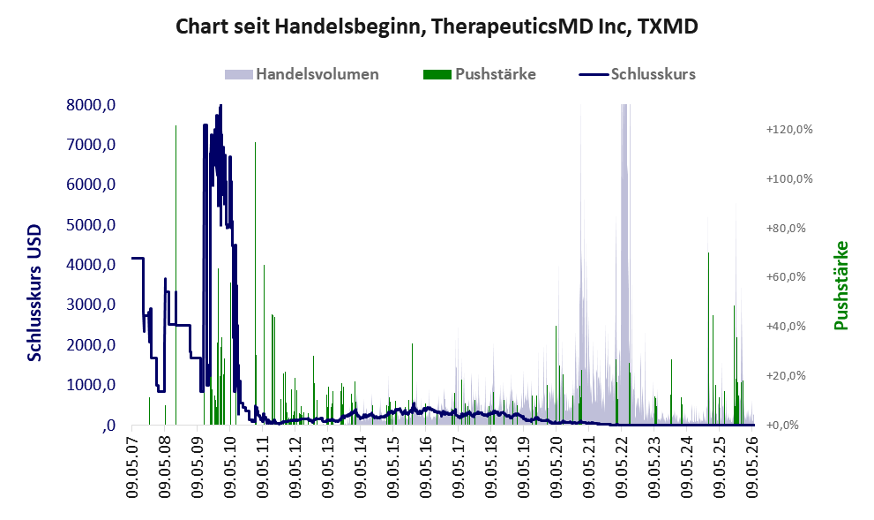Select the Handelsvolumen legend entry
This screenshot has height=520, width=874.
click(302, 74)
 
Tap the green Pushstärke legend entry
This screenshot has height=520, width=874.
click(480, 74)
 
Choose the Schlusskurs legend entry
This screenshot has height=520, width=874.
click(637, 74)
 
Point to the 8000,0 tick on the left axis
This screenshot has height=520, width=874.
click(91, 104)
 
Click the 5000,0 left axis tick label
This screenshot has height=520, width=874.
click(91, 225)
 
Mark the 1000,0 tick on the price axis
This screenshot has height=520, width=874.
click(91, 385)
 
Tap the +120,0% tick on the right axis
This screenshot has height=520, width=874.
click(789, 130)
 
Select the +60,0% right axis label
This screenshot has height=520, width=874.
click(786, 277)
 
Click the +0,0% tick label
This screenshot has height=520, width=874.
click(782, 426)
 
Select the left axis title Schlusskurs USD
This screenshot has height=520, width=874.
click(34, 293)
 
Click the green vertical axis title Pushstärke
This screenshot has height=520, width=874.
click(841, 286)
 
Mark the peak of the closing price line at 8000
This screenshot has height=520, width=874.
click(220, 105)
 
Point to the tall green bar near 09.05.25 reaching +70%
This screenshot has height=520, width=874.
click(708, 339)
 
